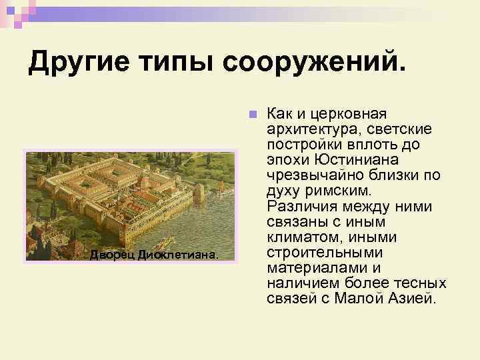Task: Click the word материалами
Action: (313, 267)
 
